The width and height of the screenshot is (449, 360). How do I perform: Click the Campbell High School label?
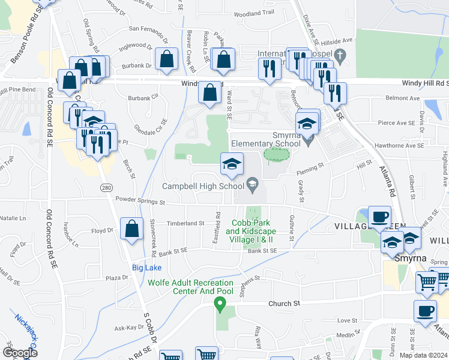tap(203, 186)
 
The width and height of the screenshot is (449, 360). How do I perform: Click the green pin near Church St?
tap(220, 305)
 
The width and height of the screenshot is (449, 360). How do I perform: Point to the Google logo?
tap(20, 353)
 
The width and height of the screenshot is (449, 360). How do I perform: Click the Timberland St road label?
tap(185, 223)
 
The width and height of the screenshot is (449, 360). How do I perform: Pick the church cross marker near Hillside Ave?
tap(340, 57)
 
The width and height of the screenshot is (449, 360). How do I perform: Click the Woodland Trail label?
tap(254, 13)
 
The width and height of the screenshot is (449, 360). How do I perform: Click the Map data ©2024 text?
tap(423, 355)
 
